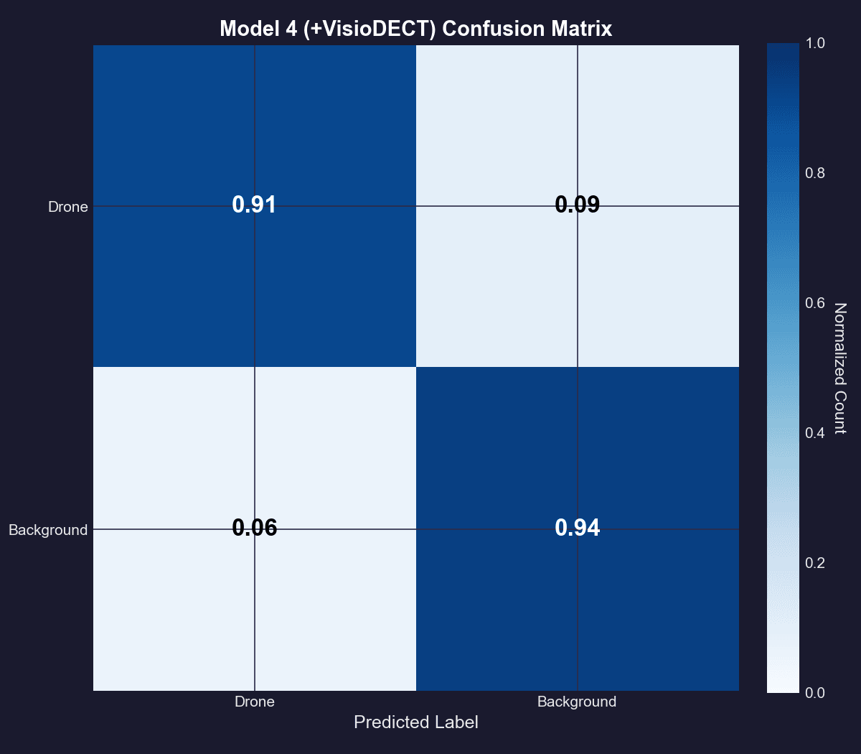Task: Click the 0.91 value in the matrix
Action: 254,205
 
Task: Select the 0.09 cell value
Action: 577,205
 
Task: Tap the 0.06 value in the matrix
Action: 254,529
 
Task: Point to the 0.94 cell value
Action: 577,529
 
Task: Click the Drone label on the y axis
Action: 68,207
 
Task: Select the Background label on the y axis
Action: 48,530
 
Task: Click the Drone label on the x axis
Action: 255,702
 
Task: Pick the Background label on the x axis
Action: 577,702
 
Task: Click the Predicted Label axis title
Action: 416,722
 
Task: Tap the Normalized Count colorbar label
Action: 840,368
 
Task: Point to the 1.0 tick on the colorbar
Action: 816,44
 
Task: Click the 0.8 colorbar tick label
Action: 816,173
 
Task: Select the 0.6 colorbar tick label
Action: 816,303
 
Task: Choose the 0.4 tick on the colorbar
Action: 816,432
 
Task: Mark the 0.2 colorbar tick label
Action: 816,562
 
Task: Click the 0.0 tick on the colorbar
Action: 816,692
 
